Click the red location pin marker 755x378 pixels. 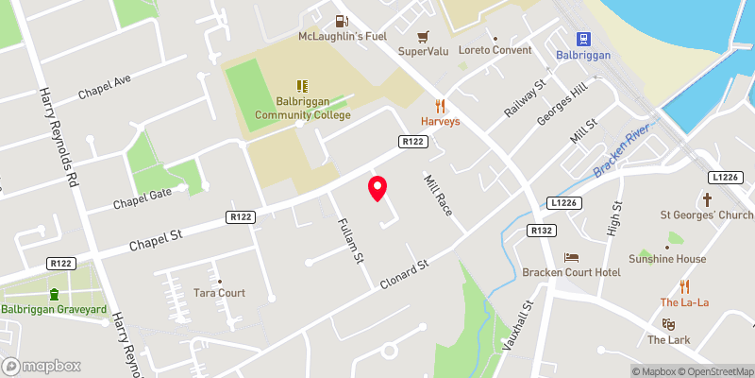click(377, 188)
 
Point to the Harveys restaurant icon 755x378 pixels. click(439, 105)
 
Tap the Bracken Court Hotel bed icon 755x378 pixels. click(571, 257)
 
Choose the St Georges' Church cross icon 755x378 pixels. click(708, 199)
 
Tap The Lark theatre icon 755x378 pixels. click(669, 324)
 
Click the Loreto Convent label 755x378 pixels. click(495, 50)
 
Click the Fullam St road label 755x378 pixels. click(351, 241)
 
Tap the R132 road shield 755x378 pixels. click(541, 230)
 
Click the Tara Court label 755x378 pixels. click(219, 293)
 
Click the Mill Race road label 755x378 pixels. click(440, 193)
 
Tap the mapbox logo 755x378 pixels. click(42, 366)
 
